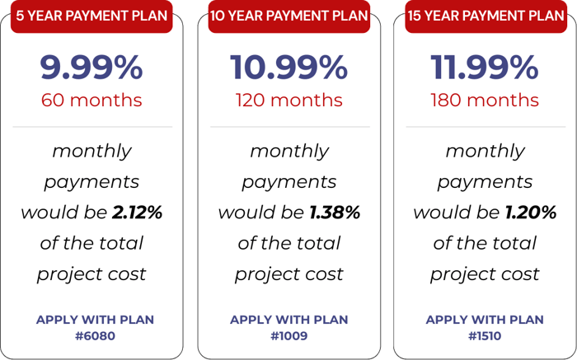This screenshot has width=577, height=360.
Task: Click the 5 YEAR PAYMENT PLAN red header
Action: [x=91, y=16]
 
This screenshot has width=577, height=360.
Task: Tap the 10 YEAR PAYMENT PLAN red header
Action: [x=288, y=16]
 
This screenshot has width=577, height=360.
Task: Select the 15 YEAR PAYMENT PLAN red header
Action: [x=485, y=16]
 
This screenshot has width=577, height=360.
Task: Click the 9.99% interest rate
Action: [x=91, y=68]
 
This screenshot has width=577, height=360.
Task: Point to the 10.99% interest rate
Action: [x=288, y=68]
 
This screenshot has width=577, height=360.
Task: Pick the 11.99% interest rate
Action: [x=485, y=68]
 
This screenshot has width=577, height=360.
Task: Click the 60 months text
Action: [x=91, y=101]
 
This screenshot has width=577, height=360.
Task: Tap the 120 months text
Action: [x=288, y=101]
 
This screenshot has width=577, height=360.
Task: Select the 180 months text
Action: [x=485, y=101]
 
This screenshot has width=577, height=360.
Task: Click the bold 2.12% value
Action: [x=137, y=213]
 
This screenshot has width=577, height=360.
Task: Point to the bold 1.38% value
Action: [x=335, y=213]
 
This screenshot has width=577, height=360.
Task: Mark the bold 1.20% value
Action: [x=531, y=213]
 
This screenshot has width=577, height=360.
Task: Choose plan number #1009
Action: [x=288, y=335]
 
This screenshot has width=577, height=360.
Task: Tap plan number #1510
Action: [x=485, y=335]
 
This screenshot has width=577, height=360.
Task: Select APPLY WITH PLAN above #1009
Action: [x=288, y=320]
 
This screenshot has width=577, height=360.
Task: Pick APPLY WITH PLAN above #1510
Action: [x=485, y=320]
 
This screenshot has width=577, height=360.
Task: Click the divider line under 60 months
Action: [x=91, y=127]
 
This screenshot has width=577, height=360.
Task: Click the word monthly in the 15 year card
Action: [x=485, y=152]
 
